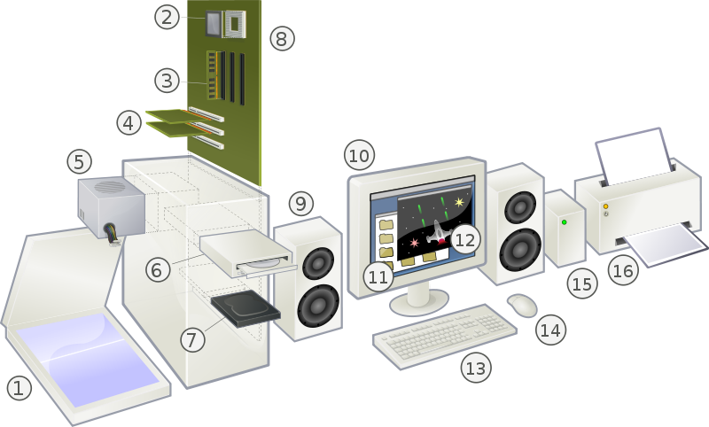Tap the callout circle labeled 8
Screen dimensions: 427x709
[281, 38]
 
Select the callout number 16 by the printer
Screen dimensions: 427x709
[624, 269]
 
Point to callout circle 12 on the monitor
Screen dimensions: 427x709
[465, 238]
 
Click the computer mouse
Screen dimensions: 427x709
[522, 305]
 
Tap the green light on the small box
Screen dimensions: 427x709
[564, 222]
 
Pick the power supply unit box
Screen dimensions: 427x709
[111, 205]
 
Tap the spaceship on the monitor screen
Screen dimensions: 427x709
[438, 234]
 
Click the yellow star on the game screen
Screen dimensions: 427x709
[459, 202]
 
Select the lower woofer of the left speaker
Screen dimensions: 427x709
[317, 304]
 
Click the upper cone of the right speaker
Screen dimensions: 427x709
[518, 208]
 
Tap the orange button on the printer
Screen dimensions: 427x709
[606, 206]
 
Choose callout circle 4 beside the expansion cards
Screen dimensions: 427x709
[130, 122]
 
